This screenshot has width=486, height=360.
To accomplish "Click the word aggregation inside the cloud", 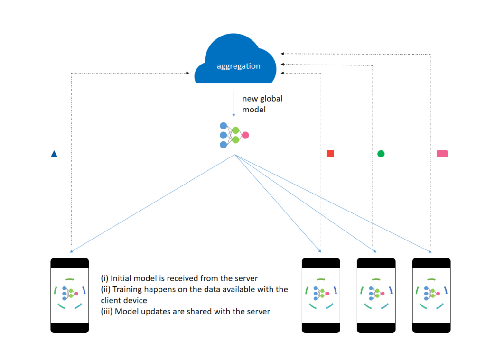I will point(238,66).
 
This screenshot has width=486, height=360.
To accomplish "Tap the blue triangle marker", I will point(54,154).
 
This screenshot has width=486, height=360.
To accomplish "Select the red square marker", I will point(330,154).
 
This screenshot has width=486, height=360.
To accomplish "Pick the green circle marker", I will point(381,154).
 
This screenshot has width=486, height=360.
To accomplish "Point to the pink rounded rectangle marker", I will point(442,154).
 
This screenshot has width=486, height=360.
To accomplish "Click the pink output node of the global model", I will point(245,135).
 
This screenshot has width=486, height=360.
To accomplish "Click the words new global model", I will point(262,104).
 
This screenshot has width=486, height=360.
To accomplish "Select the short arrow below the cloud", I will point(234,104).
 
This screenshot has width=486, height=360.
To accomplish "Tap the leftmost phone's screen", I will point(70,295).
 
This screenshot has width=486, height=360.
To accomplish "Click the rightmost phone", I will point(431,295).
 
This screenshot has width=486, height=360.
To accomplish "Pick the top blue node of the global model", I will point(224,126).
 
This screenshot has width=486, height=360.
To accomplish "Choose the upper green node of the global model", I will point(235,130).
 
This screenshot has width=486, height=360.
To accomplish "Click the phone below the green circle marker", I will point(376,295).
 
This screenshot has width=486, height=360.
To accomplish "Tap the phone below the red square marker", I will point(321,295).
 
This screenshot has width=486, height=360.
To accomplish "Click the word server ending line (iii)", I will point(258,311).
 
